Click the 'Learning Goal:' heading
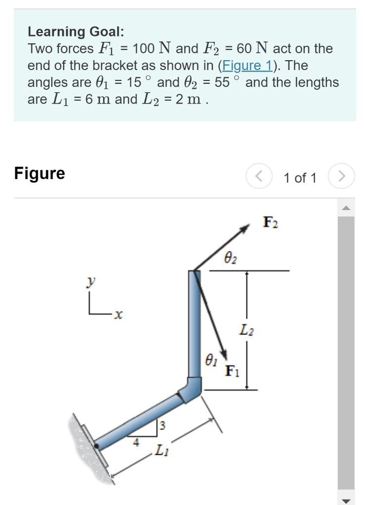tap(76, 32)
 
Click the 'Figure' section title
tap(40, 173)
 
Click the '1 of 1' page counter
tap(300, 178)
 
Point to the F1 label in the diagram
tap(232, 370)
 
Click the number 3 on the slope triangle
tap(161, 425)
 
